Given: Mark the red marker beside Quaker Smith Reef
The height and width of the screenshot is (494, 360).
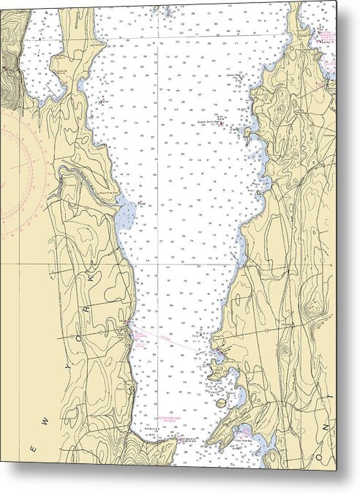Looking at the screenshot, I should tap(222, 124).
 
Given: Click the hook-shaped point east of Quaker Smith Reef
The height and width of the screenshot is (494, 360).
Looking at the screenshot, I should tap(249, 132).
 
